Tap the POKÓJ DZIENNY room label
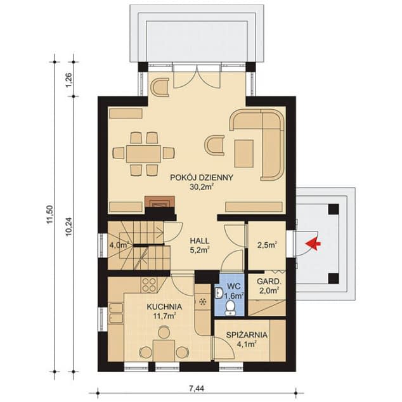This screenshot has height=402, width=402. tap(202, 178)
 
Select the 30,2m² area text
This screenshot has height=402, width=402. tap(202, 188)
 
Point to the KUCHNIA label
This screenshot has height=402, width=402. tap(164, 307)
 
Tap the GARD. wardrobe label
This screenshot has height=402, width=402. tap(269, 281)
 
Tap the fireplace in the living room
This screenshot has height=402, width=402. tap(157, 202)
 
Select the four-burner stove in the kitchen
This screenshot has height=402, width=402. tap(150, 283)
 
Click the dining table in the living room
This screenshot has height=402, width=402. tap(143, 153)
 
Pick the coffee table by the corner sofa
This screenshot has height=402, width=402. tap(244, 152)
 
